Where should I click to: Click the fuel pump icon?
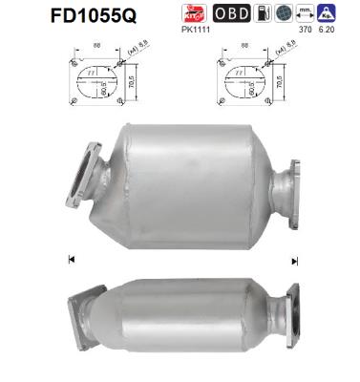tap(263, 14)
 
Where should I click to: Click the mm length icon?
tap(307, 14)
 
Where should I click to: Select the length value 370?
tap(306, 32)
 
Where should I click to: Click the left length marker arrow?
tap(71, 259)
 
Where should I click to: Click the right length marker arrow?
tap(294, 260)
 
